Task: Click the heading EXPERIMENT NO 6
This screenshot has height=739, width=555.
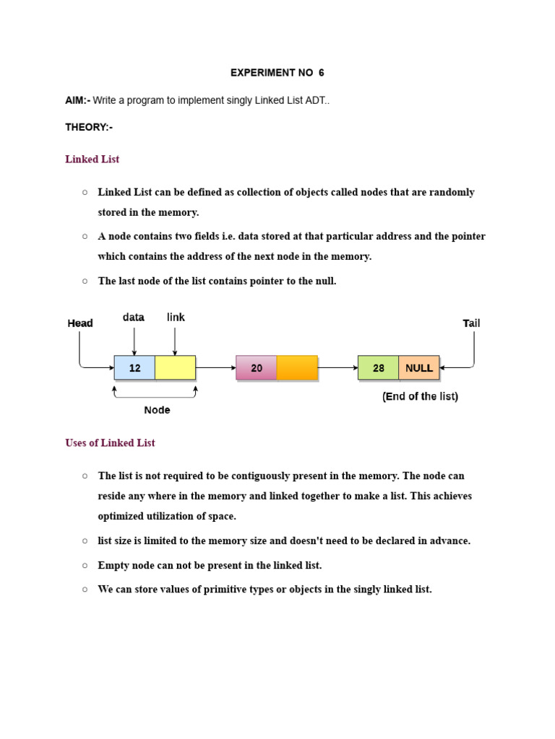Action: click(x=277, y=73)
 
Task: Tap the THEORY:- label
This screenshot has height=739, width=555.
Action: click(x=89, y=127)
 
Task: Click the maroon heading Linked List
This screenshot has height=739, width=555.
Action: click(x=92, y=159)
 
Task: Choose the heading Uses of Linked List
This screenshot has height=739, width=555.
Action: click(x=110, y=442)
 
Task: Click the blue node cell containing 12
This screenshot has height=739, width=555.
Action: click(x=134, y=367)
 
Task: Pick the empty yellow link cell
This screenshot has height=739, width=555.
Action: click(x=175, y=367)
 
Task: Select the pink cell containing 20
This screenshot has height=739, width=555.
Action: click(x=257, y=367)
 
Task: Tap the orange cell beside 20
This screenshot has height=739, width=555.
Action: click(x=297, y=367)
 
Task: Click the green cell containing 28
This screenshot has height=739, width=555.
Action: click(x=378, y=367)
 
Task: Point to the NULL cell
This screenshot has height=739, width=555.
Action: click(x=419, y=367)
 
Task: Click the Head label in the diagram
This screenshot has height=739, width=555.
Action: click(x=80, y=323)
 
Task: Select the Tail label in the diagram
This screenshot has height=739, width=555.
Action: click(x=471, y=323)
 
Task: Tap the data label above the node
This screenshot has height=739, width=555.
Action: click(x=134, y=317)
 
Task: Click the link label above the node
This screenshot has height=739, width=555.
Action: click(x=176, y=317)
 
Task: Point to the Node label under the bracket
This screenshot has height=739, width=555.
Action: click(x=157, y=410)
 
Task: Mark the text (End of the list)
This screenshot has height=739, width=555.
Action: click(x=420, y=396)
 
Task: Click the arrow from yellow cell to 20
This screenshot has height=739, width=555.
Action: click(x=215, y=367)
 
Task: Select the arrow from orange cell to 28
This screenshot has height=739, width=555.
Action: click(x=337, y=367)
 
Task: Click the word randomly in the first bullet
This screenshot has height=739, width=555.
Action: click(x=450, y=192)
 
